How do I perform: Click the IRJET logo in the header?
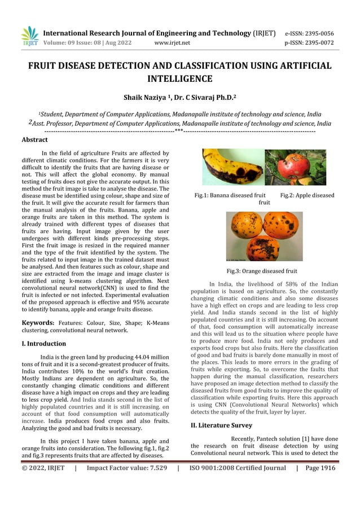point(29,36)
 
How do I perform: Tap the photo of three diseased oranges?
point(265,236)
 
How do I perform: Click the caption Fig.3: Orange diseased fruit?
point(262,271)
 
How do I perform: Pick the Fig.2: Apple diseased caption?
point(307,195)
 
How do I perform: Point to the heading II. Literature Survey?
point(221,425)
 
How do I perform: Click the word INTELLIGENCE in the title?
point(179,78)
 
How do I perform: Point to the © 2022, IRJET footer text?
point(43,467)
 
